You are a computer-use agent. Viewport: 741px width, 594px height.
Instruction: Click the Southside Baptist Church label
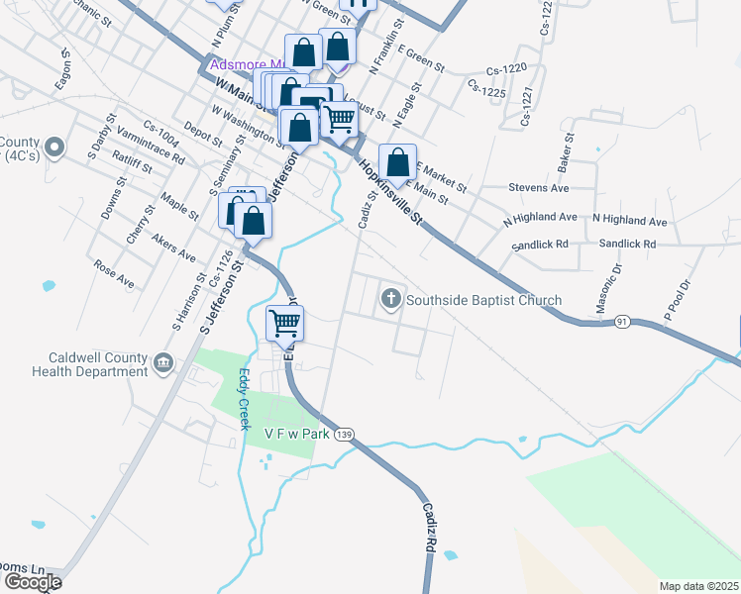tap(484, 300)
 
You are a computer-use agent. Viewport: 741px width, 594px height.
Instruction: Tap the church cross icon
tap(391, 297)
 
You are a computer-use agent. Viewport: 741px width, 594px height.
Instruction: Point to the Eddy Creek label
tap(244, 399)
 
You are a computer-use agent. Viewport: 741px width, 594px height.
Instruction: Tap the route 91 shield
tap(622, 322)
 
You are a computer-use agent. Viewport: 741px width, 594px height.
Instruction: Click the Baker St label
tap(567, 152)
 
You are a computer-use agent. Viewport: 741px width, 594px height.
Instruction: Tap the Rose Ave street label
tap(113, 273)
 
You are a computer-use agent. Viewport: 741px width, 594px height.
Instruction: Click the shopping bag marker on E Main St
tap(397, 163)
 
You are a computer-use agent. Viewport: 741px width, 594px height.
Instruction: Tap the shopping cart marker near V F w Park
tap(284, 324)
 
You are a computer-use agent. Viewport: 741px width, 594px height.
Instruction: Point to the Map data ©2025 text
tap(699, 586)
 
